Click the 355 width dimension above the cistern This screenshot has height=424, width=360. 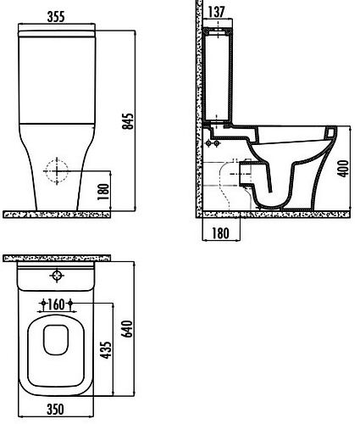click(56, 17)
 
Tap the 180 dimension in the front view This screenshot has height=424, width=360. click(103, 192)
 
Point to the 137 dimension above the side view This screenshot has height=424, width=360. click(217, 12)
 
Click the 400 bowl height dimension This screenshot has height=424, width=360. click(343, 169)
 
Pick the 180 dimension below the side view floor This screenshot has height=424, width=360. click(220, 233)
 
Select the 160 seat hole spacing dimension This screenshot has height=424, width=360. click(56, 304)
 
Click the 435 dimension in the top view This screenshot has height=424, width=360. click(107, 350)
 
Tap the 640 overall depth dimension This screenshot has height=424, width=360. click(127, 329)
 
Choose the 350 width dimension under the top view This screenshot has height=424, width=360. click(55, 409)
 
